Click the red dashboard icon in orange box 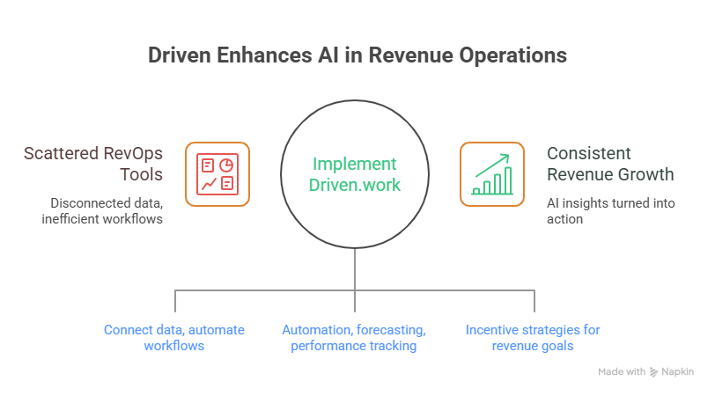click(x=217, y=174)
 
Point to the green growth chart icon click(x=492, y=174)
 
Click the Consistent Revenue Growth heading click(x=610, y=164)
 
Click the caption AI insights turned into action click(x=610, y=211)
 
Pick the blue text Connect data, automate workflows click(x=174, y=338)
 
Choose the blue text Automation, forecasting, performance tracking click(x=354, y=338)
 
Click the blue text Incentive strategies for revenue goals click(x=533, y=338)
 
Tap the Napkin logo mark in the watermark click(x=653, y=372)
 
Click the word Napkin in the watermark click(x=679, y=372)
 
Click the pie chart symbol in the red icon click(x=226, y=165)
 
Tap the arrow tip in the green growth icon click(x=507, y=158)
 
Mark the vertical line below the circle click(x=354, y=268)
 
